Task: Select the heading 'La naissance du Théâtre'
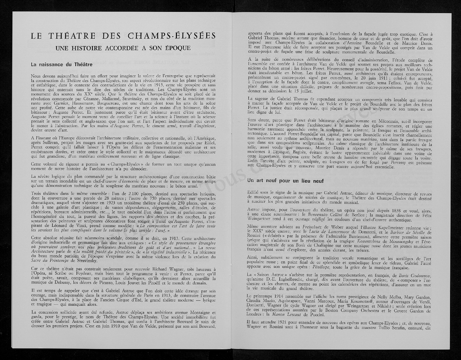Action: click(x=62, y=65)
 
